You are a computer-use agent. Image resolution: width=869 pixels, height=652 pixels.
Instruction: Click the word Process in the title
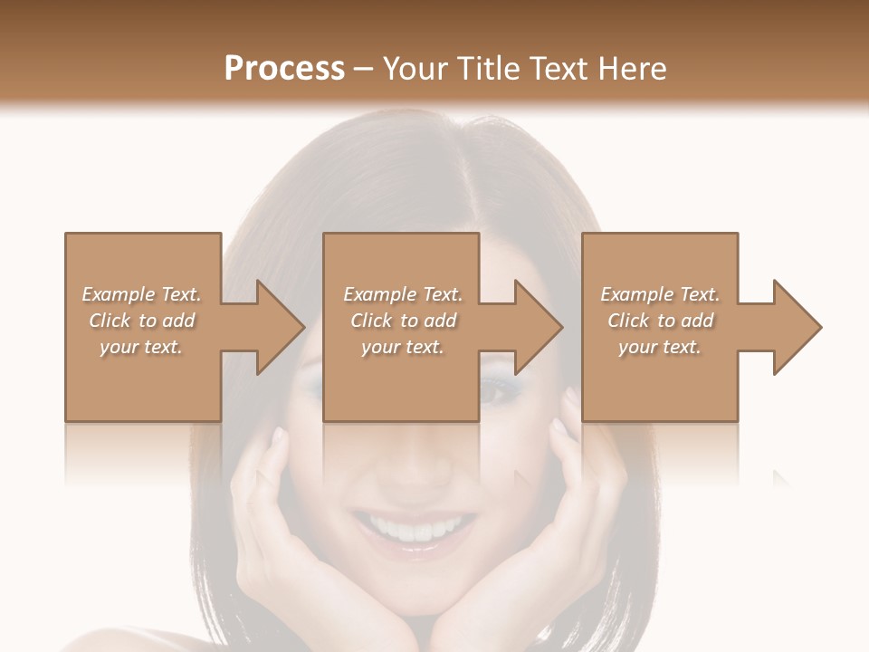tap(284, 69)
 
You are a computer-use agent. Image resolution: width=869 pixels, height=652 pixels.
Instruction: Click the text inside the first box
tap(142, 321)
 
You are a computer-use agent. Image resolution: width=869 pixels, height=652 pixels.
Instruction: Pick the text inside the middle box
tap(403, 321)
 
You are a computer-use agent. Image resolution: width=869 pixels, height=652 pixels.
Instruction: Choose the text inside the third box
tap(660, 321)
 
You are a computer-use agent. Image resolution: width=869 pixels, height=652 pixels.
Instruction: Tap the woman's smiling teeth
tap(417, 526)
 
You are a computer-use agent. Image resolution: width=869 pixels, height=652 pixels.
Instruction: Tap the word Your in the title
tap(414, 69)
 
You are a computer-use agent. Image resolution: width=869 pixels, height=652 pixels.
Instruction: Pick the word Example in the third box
tap(637, 294)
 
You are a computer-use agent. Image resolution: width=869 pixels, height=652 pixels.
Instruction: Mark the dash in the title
tap(364, 69)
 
